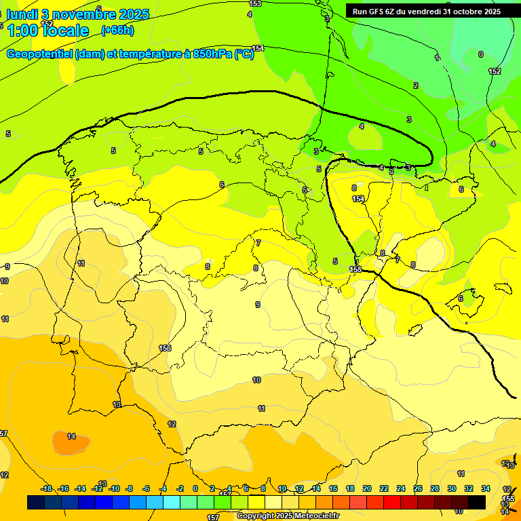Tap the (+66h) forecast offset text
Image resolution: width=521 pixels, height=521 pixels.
coord(117,31)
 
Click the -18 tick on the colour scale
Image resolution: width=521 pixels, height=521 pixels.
coord(46,488)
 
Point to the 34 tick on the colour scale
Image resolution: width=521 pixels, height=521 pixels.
coord(486,488)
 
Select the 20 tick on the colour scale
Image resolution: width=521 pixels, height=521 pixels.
coord(367,488)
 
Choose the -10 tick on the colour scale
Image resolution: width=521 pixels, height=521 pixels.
coord(114,488)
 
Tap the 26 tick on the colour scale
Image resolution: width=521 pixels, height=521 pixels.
coord(418,488)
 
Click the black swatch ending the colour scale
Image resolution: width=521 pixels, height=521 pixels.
coord(476,502)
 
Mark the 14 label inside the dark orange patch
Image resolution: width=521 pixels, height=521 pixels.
coord(71,436)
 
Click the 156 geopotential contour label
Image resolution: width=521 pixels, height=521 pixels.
coord(164,348)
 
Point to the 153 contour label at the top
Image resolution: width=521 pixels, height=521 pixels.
coord(255,4)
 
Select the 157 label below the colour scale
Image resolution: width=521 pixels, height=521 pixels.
coord(212,518)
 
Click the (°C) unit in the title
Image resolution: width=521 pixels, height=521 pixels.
coord(244,54)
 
